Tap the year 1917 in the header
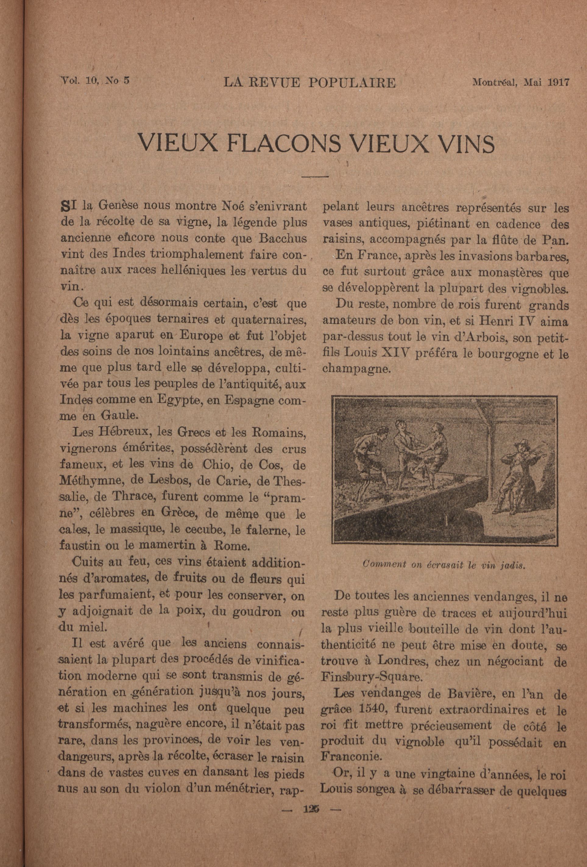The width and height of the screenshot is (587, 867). click(558, 83)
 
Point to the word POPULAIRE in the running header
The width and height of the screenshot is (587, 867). click(352, 83)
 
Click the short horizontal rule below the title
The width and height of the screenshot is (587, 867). click(314, 176)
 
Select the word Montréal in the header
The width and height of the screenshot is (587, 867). click(494, 83)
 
